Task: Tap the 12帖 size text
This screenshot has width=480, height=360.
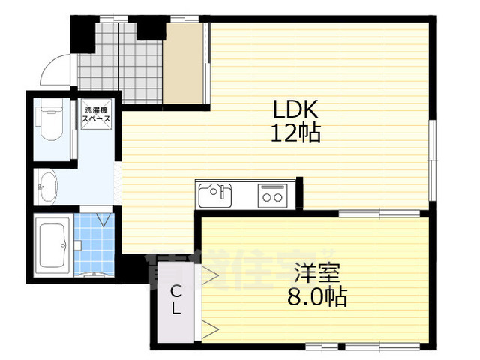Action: point(296,134)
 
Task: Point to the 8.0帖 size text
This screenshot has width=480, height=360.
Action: point(317,297)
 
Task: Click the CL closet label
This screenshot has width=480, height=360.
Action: point(174,300)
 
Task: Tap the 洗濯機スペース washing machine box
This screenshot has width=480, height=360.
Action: point(97,115)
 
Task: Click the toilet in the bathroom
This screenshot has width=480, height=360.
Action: point(51,123)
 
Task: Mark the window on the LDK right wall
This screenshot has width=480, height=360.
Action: point(432,159)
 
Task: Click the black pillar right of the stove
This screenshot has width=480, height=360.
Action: point(298,193)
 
